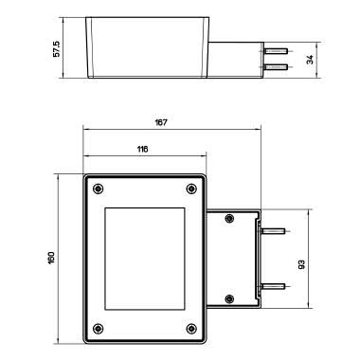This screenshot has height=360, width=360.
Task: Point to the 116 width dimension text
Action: coord(142,150)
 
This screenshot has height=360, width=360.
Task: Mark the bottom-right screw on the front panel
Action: coord(191,328)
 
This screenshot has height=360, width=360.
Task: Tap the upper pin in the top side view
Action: coord(276,50)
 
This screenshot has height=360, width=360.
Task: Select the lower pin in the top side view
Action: coord(276,67)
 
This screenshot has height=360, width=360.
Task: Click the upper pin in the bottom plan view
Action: coord(274,230)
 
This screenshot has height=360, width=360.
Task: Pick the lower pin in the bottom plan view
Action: coord(274,285)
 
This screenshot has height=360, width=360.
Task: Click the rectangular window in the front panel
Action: coord(145,257)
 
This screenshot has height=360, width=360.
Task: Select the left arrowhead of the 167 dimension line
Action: coord(86,130)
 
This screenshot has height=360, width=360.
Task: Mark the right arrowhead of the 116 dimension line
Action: coord(202,156)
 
